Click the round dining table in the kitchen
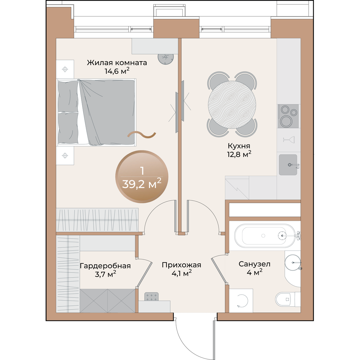[232, 105]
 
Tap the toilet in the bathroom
[288, 299]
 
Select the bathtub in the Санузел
[265, 236]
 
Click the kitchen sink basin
[288, 165]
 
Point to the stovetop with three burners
[288, 116]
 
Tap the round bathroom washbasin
[292, 262]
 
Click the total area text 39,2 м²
[142, 184]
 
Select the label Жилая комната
[117, 63]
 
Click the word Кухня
[239, 146]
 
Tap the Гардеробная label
[105, 266]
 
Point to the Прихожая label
[181, 265]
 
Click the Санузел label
[254, 264]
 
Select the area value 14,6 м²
[117, 71]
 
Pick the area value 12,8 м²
[239, 154]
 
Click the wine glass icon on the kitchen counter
[289, 139]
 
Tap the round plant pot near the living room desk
[166, 59]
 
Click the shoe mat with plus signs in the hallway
[151, 297]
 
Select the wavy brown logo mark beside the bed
[142, 135]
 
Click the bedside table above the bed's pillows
[65, 69]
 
